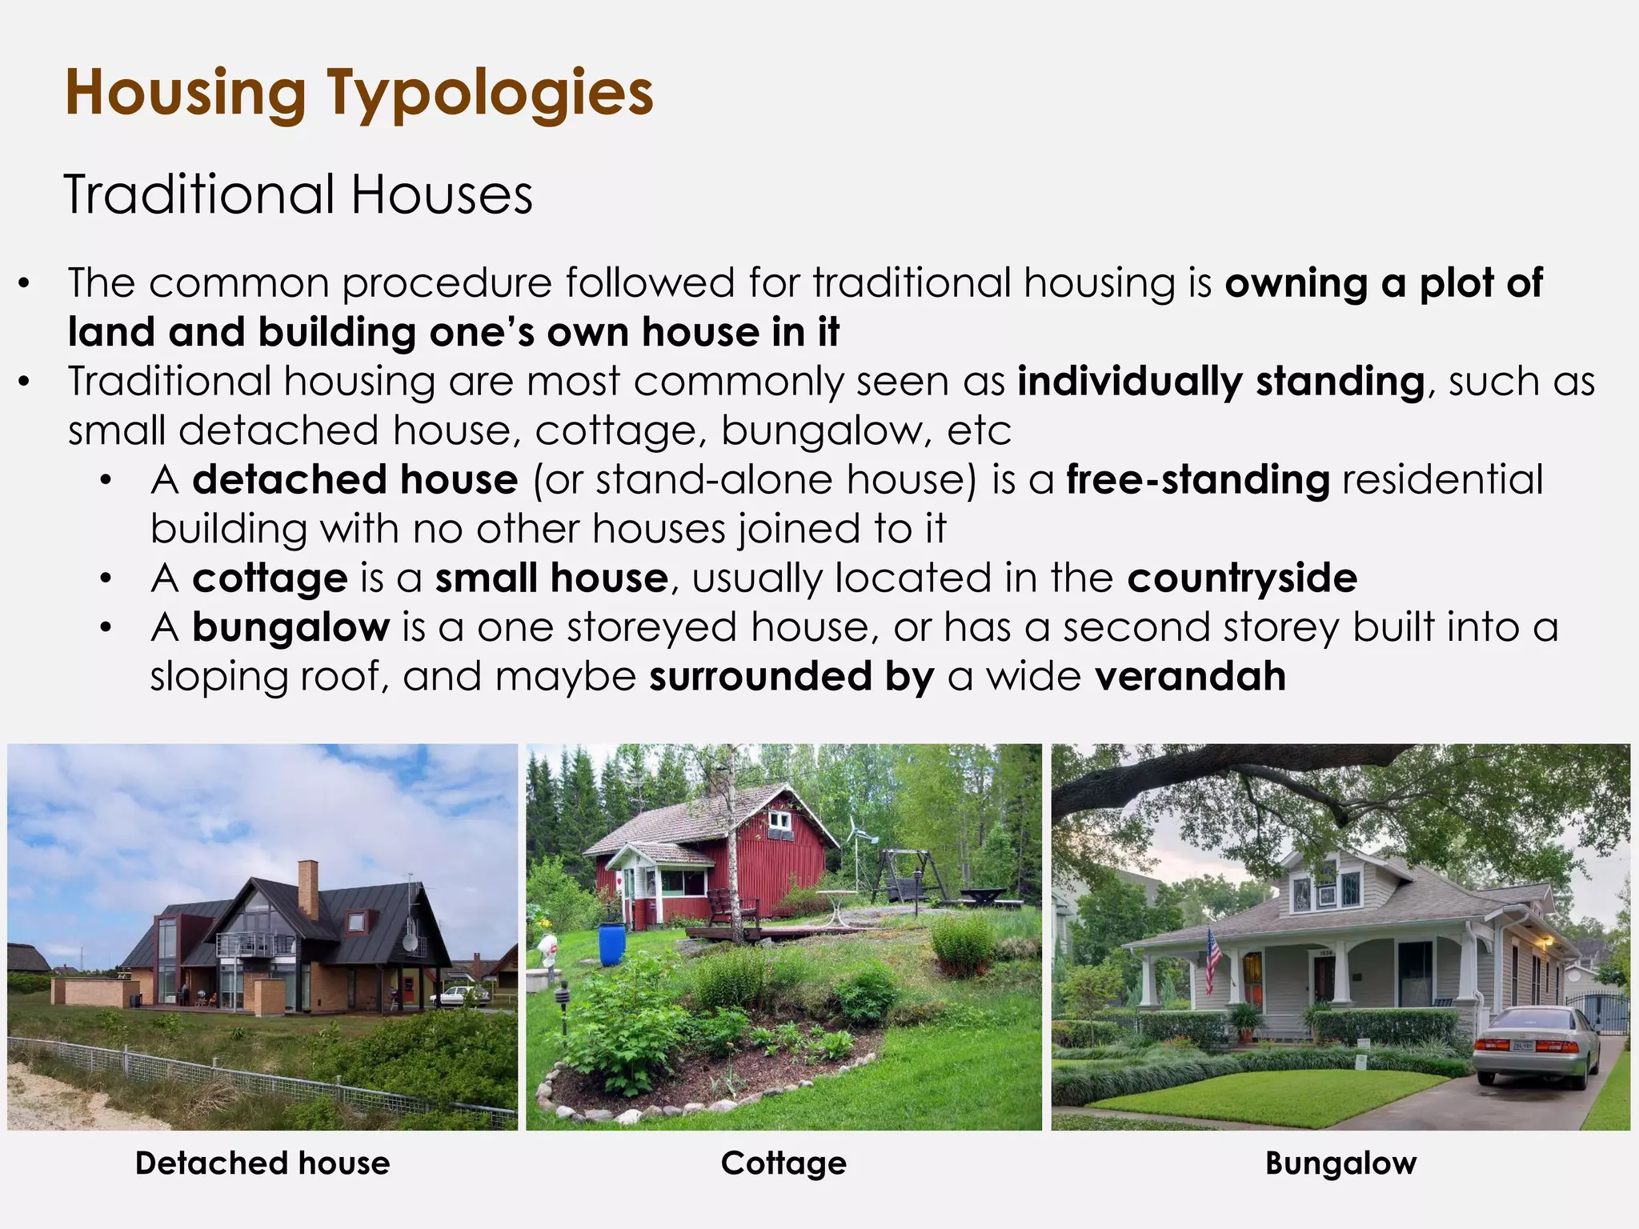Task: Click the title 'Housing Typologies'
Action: click(359, 93)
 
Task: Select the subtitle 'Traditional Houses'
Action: click(298, 194)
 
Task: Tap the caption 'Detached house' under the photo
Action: click(262, 1163)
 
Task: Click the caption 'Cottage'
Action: click(783, 1163)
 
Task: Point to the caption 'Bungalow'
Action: click(1340, 1163)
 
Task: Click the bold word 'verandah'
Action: click(1190, 676)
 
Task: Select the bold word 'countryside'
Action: click(1242, 578)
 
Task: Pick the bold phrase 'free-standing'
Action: click(1197, 479)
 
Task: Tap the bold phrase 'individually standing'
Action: click(1220, 381)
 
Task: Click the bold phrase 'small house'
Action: click(551, 578)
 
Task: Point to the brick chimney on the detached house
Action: click(308, 888)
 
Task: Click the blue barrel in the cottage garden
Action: click(611, 944)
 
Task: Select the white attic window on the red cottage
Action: click(777, 821)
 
